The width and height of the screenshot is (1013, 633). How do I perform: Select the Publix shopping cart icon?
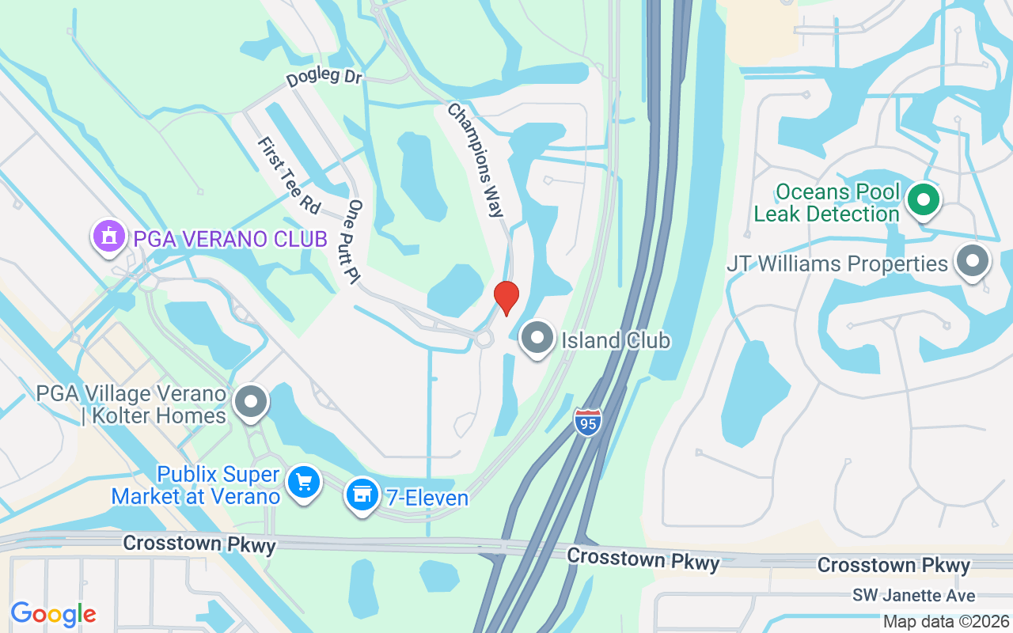click(x=303, y=482)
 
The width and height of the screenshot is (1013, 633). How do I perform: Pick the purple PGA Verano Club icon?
click(x=109, y=236)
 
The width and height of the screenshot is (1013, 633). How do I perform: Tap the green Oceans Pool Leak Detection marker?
click(x=923, y=199)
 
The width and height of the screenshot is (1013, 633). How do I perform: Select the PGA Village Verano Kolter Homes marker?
click(x=252, y=402)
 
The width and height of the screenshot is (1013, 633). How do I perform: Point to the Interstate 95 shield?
click(x=587, y=419)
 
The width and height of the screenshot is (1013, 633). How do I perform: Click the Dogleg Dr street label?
click(x=324, y=78)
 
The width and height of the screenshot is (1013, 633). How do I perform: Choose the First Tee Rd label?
click(x=289, y=175)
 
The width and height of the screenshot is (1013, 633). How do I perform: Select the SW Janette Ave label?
click(x=913, y=595)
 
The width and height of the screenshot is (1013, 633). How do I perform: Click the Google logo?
click(x=53, y=614)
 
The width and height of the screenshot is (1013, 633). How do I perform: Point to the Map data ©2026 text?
click(x=946, y=621)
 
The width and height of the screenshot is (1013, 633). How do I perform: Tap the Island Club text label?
click(x=615, y=341)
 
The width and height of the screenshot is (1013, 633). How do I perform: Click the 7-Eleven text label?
click(x=427, y=498)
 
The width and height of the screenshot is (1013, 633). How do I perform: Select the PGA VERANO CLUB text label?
click(x=230, y=238)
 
